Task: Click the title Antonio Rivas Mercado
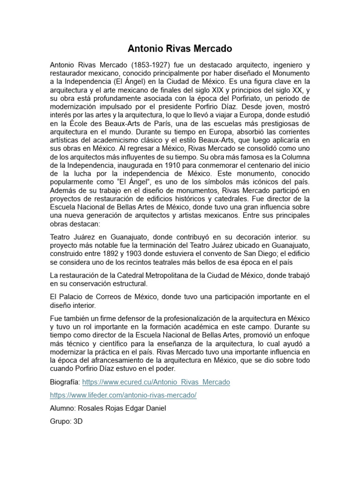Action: tap(180, 49)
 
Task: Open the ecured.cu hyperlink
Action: tap(156, 382)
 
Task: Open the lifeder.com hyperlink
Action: tap(123, 395)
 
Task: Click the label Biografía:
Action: tap(65, 382)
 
